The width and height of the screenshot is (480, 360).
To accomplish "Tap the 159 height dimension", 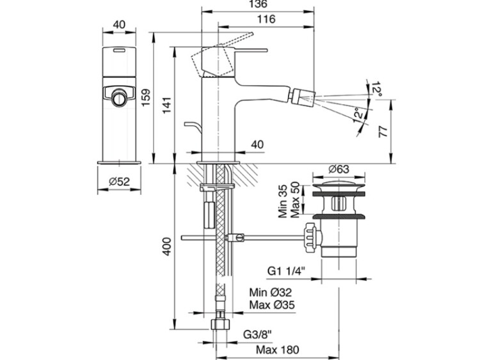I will pyautogui.click(x=146, y=97).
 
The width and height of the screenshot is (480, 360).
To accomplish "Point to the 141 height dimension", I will pyautogui.click(x=168, y=102).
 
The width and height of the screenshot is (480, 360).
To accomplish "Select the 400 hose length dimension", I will pyautogui.click(x=167, y=246).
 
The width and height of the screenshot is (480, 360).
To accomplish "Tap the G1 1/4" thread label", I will pyautogui.click(x=286, y=270).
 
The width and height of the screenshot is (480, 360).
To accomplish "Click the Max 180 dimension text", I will pyautogui.click(x=277, y=350).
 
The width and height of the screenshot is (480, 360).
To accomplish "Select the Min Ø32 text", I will pyautogui.click(x=271, y=292).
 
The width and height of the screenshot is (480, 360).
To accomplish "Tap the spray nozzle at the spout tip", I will pyautogui.click(x=297, y=97).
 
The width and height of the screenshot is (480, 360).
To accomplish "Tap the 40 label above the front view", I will pyautogui.click(x=117, y=24).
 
